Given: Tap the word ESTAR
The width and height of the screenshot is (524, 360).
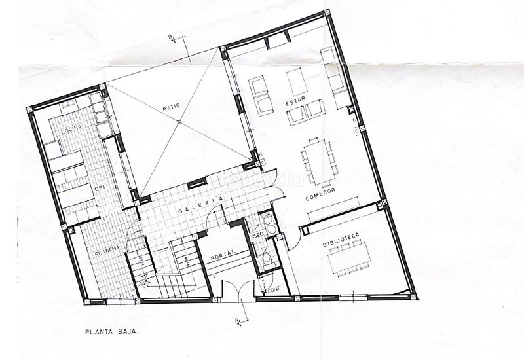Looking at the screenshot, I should click(293, 103).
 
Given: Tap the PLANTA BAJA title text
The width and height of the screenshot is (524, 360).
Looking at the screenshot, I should click(110, 332).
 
